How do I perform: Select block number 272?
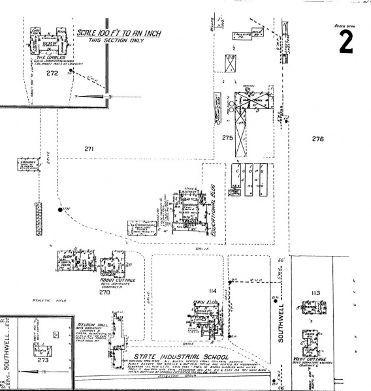(52, 73)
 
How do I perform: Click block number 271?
(89, 149)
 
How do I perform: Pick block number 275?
(227, 138)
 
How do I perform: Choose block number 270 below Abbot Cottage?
(105, 292)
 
